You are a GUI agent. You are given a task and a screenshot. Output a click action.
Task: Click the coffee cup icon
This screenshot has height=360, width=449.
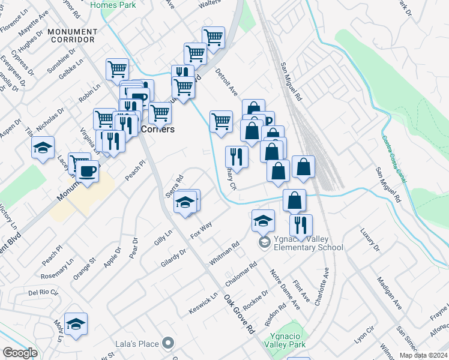pos(88,172)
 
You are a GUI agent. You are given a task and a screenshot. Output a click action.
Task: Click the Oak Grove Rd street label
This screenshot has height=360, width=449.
pos(240,315)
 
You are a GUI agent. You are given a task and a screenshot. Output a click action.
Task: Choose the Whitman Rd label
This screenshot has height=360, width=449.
pos(224,254)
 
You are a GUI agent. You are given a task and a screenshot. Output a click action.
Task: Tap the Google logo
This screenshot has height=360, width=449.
pos(20,353)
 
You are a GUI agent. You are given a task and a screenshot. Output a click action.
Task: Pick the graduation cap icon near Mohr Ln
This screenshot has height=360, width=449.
pos(76,324)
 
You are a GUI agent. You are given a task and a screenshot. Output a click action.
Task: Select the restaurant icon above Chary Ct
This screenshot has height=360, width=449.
pos(236,157)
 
